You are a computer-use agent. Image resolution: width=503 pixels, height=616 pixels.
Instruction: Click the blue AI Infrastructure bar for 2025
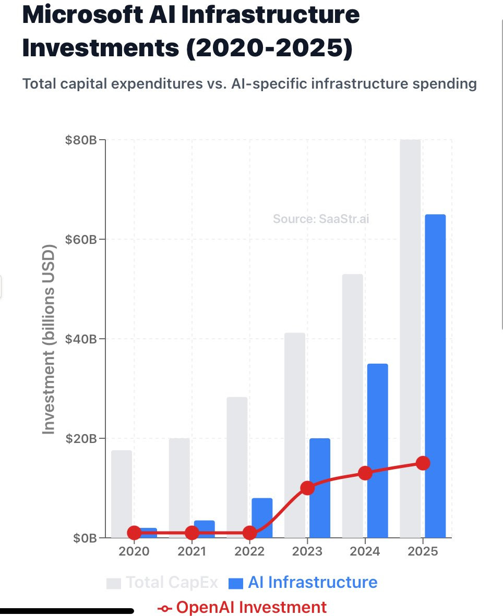435,376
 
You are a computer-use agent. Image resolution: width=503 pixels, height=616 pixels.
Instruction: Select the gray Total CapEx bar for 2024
352,406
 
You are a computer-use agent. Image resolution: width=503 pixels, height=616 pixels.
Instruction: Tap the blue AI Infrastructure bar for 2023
320,488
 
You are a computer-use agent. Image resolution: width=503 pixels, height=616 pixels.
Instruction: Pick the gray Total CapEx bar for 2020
122,494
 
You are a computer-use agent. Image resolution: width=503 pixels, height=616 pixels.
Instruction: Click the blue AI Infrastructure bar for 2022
262,518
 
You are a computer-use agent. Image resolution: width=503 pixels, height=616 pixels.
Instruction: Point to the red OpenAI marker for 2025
423,463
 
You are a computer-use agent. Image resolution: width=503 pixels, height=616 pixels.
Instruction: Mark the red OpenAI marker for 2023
307,488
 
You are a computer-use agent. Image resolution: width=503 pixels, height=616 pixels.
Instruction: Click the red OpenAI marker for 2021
192,533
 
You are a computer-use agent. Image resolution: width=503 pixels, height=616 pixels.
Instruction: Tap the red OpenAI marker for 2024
365,473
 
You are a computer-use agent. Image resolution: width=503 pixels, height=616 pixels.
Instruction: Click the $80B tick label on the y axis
81,140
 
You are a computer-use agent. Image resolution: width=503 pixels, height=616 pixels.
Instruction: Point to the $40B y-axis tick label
81,339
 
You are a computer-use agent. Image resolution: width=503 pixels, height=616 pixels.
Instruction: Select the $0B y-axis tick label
85,538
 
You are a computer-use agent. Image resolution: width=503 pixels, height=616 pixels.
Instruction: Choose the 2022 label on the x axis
249,551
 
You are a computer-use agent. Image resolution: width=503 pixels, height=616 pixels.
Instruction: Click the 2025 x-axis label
423,551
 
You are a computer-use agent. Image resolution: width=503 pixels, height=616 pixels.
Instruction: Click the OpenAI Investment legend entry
242,607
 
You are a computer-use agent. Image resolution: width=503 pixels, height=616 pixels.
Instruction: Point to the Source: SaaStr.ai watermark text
321,219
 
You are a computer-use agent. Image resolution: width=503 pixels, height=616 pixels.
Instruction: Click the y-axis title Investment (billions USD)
49,339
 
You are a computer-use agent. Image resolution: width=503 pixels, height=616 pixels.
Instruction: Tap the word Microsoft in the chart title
82,15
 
